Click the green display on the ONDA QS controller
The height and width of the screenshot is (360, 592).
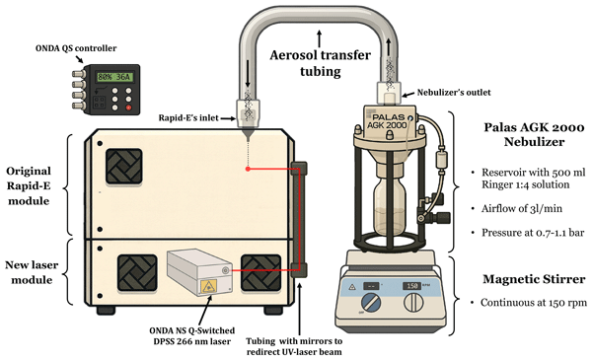pos(114,77)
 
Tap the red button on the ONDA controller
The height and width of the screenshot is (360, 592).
pos(128,108)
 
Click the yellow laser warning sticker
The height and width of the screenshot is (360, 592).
pos(206,288)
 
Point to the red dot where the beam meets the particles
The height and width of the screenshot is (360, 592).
pos(248,169)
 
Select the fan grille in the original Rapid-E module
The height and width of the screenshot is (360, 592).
pos(124,166)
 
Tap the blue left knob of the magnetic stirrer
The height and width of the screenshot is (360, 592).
pos(371,303)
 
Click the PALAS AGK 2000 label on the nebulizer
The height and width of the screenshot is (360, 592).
pos(389,121)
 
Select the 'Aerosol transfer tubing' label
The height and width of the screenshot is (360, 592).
pos(320,63)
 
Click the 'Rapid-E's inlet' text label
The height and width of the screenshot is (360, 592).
pos(188,118)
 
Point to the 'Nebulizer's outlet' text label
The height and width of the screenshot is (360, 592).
pos(454,93)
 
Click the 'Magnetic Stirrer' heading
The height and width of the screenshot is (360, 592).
pos(534,279)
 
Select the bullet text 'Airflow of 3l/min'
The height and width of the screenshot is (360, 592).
pos(521,209)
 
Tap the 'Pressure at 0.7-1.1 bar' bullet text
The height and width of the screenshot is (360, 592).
pos(533,233)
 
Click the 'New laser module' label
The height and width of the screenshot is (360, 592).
pos(32,272)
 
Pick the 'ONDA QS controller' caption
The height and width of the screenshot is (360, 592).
pos(76,48)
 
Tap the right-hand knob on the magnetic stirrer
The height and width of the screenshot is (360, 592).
pos(414,303)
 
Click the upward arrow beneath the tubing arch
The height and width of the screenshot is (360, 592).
pos(320,38)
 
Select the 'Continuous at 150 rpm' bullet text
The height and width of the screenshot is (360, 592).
pos(534,303)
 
